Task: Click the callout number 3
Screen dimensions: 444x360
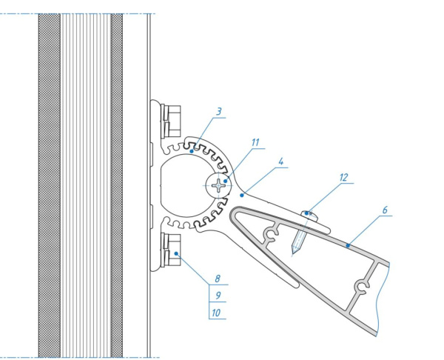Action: click(x=218, y=111)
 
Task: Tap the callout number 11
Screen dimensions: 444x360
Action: click(x=255, y=142)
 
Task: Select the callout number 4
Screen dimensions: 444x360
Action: click(x=280, y=161)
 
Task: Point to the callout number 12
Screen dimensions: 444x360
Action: click(x=343, y=178)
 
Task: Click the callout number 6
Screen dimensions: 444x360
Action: click(x=385, y=210)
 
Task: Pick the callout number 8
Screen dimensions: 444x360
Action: click(x=217, y=279)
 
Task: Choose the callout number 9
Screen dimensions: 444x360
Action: click(x=218, y=296)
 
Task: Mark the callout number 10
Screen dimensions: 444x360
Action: click(x=216, y=313)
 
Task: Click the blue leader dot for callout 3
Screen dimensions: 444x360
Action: click(x=192, y=151)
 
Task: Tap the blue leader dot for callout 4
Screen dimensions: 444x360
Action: click(x=241, y=195)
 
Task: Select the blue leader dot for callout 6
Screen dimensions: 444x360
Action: click(x=348, y=245)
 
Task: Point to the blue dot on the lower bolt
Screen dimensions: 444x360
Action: click(x=176, y=253)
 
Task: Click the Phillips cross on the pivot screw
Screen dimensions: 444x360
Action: click(x=218, y=185)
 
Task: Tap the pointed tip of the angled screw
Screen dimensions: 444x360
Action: click(x=293, y=253)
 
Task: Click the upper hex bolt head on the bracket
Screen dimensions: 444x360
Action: click(x=171, y=121)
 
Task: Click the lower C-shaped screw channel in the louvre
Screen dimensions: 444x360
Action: click(x=362, y=287)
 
